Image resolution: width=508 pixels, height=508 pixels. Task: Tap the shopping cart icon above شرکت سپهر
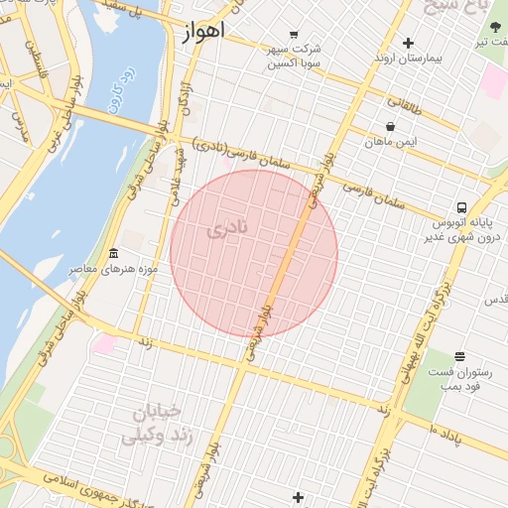point(294,34)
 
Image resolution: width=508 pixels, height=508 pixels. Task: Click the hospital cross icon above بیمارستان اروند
point(408,43)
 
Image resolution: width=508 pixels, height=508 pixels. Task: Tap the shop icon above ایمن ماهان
point(390,127)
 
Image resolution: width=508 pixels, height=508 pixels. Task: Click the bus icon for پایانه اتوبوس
point(461,207)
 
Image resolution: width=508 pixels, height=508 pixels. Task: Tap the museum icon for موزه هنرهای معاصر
point(113,254)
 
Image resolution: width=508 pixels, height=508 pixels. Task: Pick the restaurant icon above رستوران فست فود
point(459,356)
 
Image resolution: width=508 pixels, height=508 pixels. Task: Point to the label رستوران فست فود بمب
point(454,378)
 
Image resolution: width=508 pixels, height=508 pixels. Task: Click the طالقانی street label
point(404,102)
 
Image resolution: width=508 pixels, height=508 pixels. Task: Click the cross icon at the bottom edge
point(298,497)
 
